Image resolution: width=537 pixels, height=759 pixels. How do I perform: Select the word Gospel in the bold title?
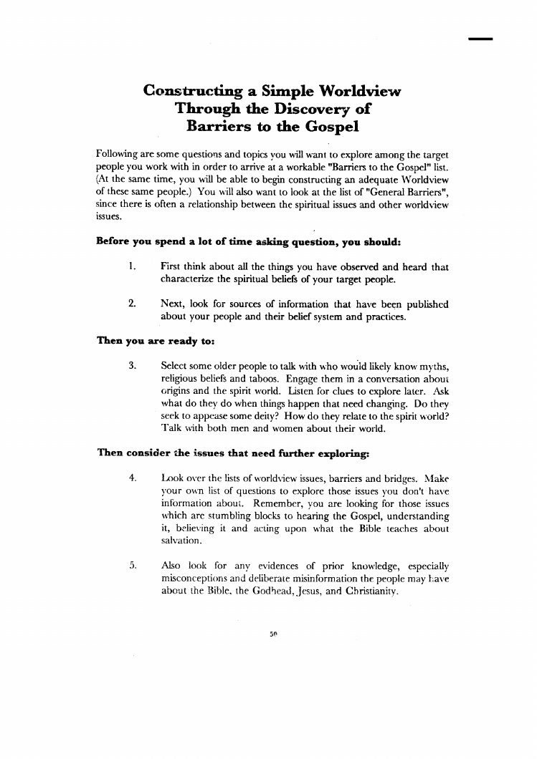click(325, 127)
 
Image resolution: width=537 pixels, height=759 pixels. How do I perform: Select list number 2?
click(132, 304)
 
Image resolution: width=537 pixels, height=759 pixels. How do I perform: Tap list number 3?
click(132, 365)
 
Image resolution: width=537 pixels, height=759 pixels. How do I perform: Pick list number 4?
click(132, 475)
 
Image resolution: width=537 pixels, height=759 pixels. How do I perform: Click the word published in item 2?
click(423, 304)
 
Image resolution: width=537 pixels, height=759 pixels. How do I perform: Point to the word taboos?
click(250, 378)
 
